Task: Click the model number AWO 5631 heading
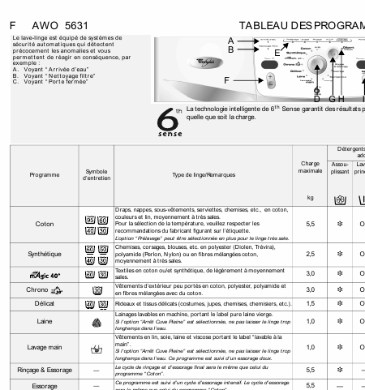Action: point(54,25)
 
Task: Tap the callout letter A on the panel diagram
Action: point(230,40)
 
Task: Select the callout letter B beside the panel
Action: point(230,49)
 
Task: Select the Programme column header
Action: point(44,175)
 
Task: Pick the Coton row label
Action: point(44,224)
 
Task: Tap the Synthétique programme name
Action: point(44,255)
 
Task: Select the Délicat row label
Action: point(44,303)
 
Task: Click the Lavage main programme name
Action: point(44,347)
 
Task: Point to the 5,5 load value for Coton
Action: point(310,224)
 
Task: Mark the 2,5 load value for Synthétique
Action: point(310,255)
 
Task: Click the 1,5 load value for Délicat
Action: point(310,303)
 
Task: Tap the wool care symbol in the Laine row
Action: point(97,323)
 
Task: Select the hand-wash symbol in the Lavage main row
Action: point(97,348)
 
